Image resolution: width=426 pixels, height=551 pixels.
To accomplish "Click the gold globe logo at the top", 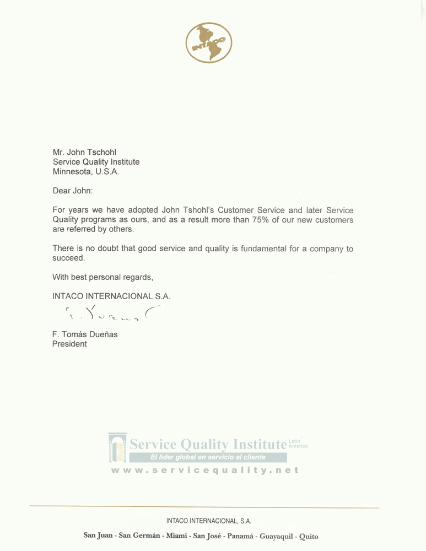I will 209,42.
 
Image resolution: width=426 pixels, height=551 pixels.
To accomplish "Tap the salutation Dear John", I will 73,191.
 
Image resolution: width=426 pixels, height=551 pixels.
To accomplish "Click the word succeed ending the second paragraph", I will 68,258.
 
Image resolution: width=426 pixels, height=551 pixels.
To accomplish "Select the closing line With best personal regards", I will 103,277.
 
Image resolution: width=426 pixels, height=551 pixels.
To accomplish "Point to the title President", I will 69,344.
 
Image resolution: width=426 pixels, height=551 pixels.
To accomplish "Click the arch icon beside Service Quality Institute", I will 117,447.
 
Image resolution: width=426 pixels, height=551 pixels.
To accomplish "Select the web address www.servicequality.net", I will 204,470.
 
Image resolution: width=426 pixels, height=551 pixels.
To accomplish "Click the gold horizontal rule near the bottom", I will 204,506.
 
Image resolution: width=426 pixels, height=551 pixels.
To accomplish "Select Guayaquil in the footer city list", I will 273,536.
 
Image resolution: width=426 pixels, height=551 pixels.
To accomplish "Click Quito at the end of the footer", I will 308,536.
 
